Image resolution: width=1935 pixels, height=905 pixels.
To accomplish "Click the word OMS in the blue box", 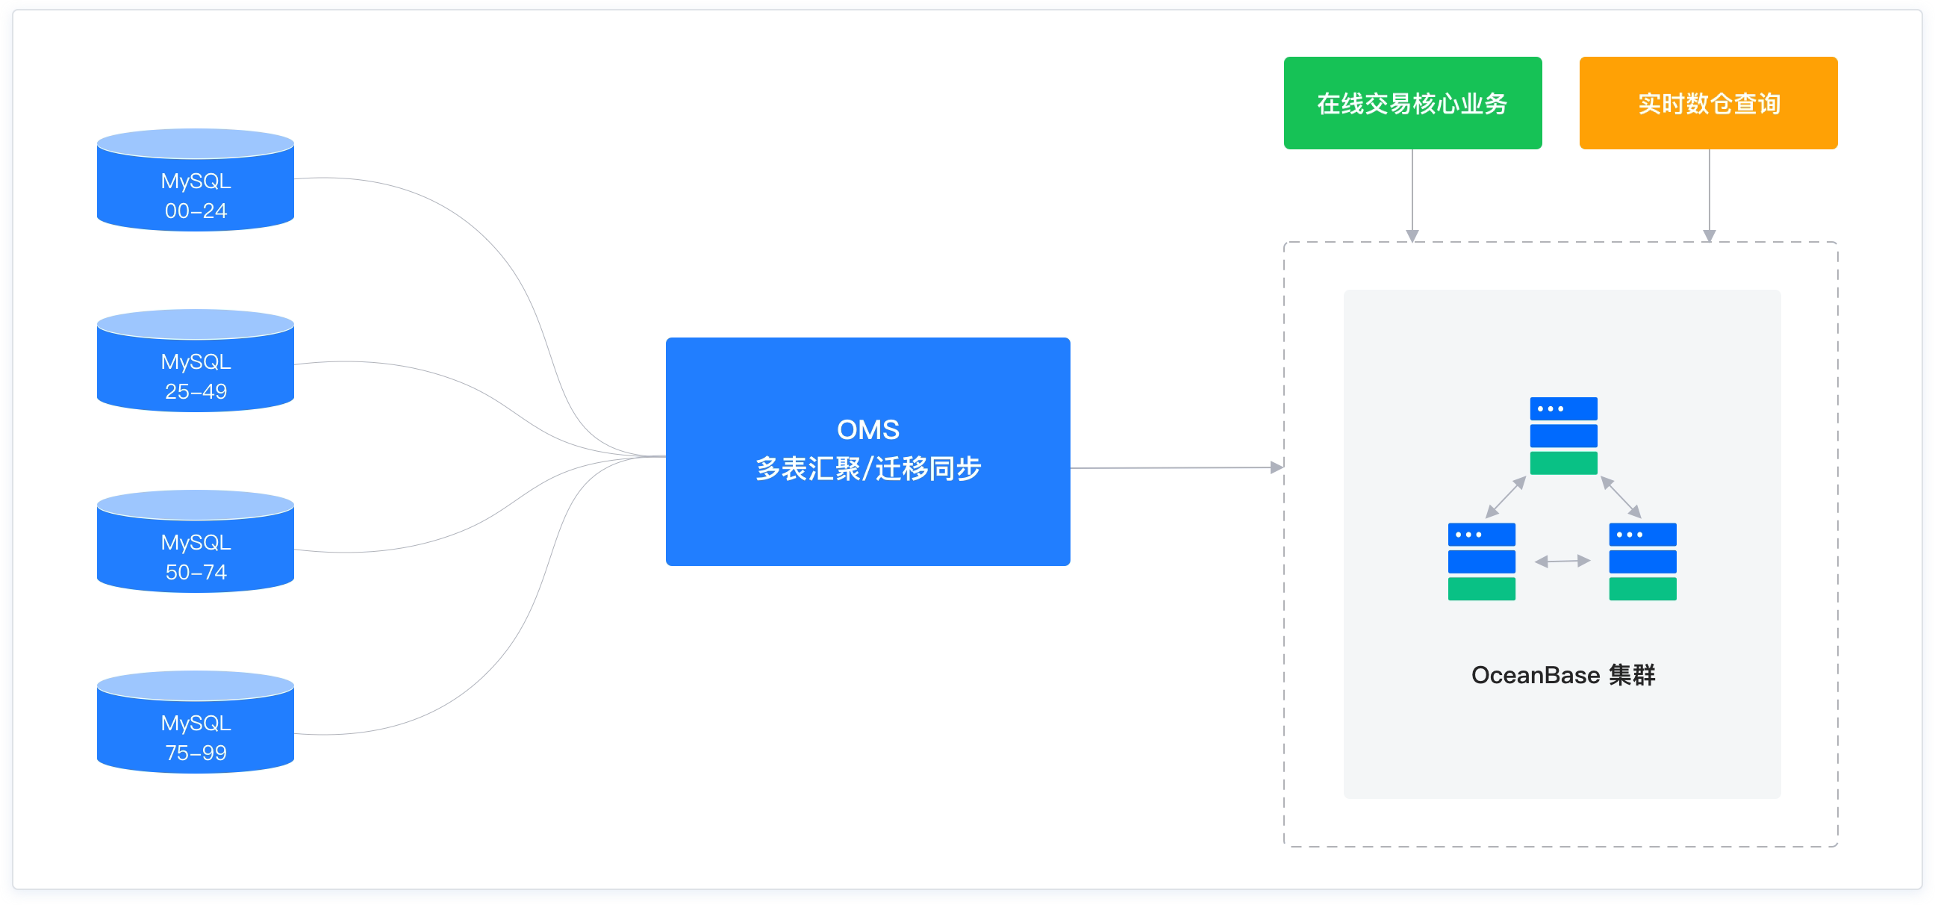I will tap(867, 429).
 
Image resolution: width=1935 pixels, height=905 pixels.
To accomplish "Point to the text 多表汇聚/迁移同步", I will tap(867, 469).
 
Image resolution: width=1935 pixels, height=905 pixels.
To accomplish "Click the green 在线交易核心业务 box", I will tap(1412, 103).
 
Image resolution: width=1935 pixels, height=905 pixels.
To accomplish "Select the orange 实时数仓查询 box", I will tap(1708, 103).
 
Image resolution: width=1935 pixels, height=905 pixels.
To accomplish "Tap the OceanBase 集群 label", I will tap(1562, 675).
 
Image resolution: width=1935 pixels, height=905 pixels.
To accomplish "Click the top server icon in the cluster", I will tap(1563, 435).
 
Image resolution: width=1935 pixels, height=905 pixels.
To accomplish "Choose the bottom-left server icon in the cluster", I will tap(1481, 561).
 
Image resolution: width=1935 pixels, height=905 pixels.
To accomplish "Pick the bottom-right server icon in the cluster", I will tap(1642, 561).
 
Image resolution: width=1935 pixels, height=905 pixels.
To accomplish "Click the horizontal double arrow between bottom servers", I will tap(1562, 561).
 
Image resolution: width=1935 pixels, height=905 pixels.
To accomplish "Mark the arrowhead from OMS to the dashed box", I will tap(1277, 467).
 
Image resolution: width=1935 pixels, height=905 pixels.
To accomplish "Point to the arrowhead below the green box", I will tap(1412, 236).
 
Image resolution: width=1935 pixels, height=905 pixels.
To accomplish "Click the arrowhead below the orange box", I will tap(1709, 236).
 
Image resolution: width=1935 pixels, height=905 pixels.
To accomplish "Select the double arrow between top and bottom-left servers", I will tap(1506, 497).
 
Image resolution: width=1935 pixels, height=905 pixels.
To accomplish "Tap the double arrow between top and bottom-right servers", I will tap(1621, 497).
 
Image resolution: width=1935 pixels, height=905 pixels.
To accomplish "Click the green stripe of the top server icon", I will tap(1563, 463).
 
